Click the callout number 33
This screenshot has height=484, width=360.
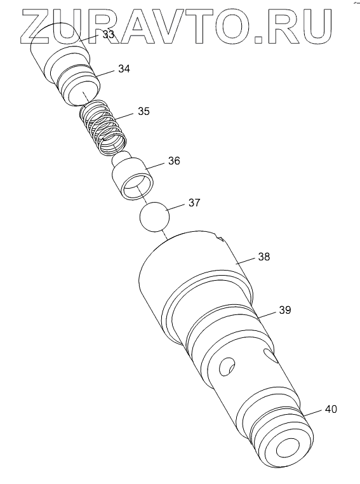tap(109, 34)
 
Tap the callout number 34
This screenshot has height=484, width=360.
tap(124, 69)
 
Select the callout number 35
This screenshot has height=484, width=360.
tap(143, 111)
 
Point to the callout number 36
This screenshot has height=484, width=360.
tap(174, 161)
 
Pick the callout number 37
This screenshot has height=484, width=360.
tap(194, 203)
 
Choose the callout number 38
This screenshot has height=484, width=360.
tap(263, 257)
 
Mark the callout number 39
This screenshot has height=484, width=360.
tap(284, 310)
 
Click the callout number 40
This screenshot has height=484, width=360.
tap(331, 409)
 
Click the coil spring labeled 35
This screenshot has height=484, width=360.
tap(103, 127)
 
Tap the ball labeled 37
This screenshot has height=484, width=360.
tap(154, 217)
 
